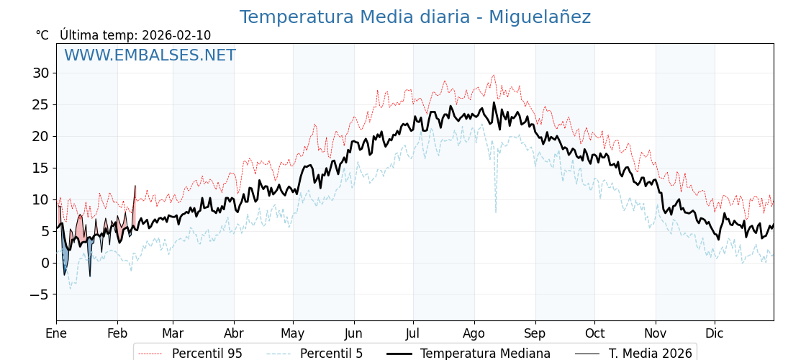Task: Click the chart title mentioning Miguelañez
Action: point(415,17)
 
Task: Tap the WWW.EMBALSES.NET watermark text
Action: point(150,55)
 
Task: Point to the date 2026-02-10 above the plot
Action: point(176,35)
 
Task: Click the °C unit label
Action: point(42,35)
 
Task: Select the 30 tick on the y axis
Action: point(40,73)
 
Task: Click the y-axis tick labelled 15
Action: point(40,168)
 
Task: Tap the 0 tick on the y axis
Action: point(45,263)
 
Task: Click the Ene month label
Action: point(56,333)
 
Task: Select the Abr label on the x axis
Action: point(234,333)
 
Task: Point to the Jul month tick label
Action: point(413,333)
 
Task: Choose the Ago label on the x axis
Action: point(474,333)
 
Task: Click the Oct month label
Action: point(594,333)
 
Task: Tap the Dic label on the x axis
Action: point(715,333)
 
